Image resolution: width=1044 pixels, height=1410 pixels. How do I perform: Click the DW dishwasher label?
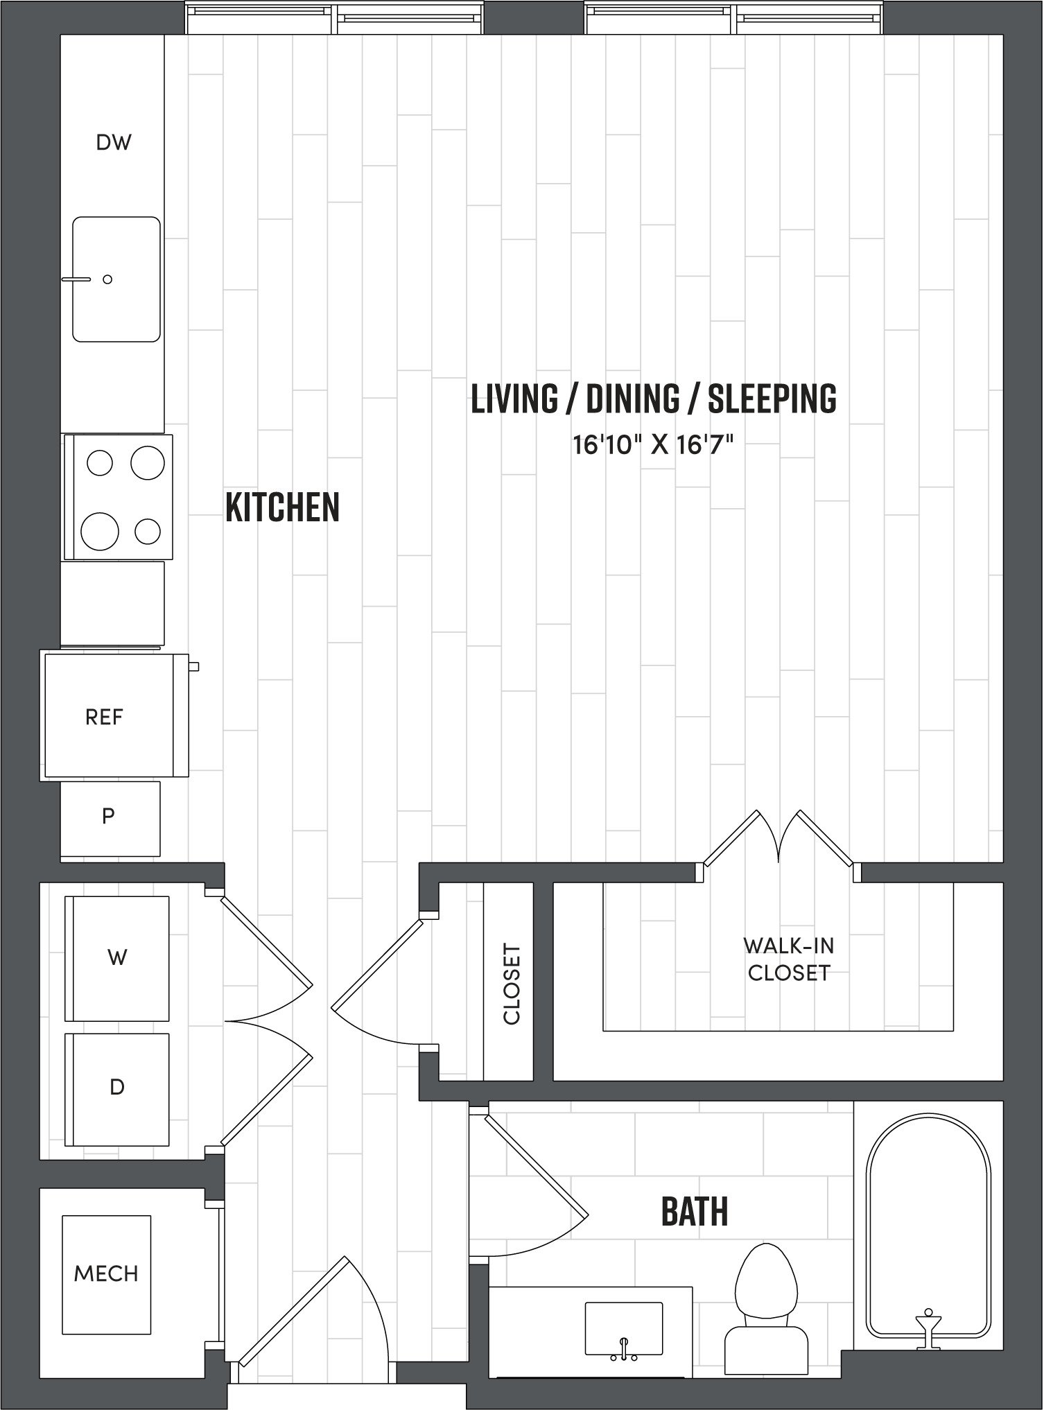tap(114, 143)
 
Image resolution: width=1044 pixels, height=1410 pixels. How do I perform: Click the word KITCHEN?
tap(283, 507)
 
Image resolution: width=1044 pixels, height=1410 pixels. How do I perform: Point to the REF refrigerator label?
tap(104, 717)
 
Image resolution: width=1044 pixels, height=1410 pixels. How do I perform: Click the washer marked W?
tap(117, 958)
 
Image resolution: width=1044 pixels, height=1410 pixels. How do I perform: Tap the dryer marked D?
tap(117, 1088)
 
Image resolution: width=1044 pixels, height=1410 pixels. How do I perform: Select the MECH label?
tap(106, 1274)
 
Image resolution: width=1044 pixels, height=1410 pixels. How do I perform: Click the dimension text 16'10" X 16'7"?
tap(652, 445)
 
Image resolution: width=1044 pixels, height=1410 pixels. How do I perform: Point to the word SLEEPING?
tap(772, 399)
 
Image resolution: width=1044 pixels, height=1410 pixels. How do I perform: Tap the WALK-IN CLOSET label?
tap(789, 959)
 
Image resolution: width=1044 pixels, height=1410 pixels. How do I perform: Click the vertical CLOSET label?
tap(512, 983)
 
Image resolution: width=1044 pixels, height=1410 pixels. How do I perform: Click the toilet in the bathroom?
tap(766, 1303)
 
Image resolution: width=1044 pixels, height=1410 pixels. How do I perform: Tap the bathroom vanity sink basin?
tap(623, 1327)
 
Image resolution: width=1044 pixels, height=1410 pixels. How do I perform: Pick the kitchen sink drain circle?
tap(107, 279)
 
